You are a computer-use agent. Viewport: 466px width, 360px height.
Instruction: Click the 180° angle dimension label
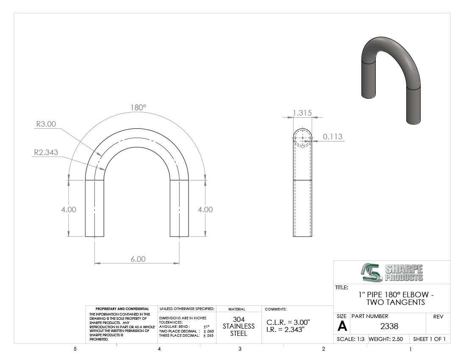[x=139, y=107]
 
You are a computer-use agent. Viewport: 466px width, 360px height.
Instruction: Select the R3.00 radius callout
[x=46, y=124]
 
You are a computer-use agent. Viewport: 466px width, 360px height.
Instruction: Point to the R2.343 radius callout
[x=46, y=152]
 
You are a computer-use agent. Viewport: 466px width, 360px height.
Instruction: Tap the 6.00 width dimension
[x=138, y=259]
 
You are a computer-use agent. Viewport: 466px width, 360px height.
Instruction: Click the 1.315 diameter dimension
[x=302, y=113]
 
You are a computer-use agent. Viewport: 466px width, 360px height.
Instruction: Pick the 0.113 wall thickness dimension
[x=333, y=137]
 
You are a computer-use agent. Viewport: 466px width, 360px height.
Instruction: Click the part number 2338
[x=389, y=327]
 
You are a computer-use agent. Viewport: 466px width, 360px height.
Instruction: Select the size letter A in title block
[x=342, y=327]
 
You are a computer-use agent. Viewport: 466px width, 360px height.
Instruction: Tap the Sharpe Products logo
[x=392, y=272]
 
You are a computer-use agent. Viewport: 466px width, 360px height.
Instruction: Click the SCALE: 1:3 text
[x=350, y=339]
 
